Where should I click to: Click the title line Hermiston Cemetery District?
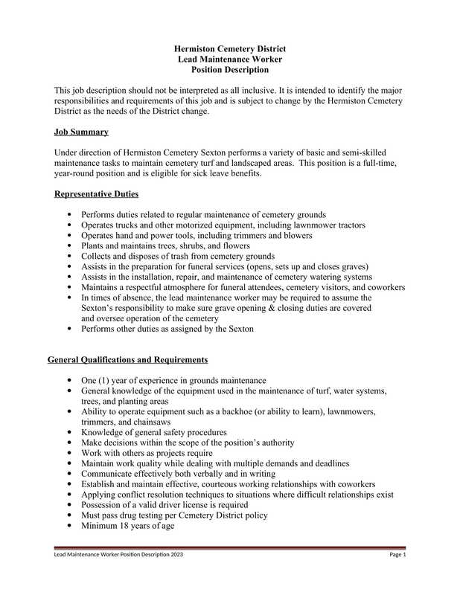229,48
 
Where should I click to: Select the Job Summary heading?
81,132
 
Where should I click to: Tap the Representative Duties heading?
98,195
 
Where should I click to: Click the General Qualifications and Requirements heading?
127,360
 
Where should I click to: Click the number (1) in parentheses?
107,380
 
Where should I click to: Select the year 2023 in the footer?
176,555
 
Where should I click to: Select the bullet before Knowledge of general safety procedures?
70,432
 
